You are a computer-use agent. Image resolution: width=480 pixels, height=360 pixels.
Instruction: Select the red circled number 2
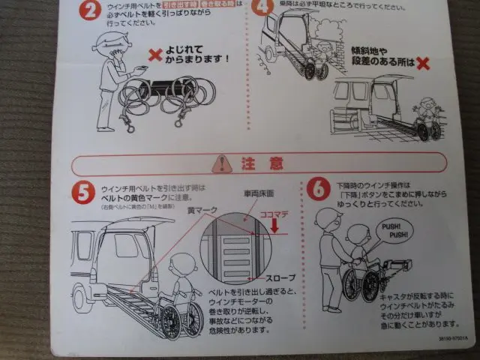click(89, 10)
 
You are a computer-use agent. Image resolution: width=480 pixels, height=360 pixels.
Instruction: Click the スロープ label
click(277, 277)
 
